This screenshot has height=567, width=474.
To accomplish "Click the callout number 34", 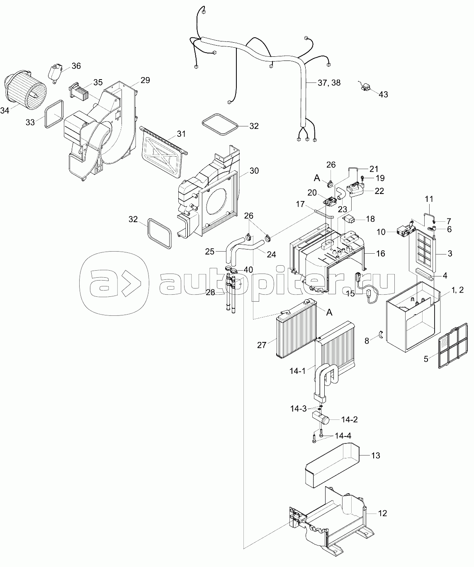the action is click(5, 111).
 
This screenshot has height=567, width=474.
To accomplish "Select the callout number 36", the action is click(76, 66).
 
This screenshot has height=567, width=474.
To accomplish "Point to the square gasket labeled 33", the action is click(54, 114).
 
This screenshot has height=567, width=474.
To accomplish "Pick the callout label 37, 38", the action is click(329, 82).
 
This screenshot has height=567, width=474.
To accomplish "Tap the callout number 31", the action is click(181, 134).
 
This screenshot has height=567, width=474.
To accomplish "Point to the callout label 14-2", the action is click(350, 419).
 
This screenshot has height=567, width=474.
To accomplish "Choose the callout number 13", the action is click(376, 456).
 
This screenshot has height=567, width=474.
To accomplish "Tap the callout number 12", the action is click(382, 513).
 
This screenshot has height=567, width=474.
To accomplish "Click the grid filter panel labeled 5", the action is click(453, 345).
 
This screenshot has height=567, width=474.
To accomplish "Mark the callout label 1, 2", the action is click(458, 290).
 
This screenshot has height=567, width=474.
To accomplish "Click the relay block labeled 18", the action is click(349, 219).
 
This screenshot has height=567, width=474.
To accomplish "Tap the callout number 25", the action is click(209, 252).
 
